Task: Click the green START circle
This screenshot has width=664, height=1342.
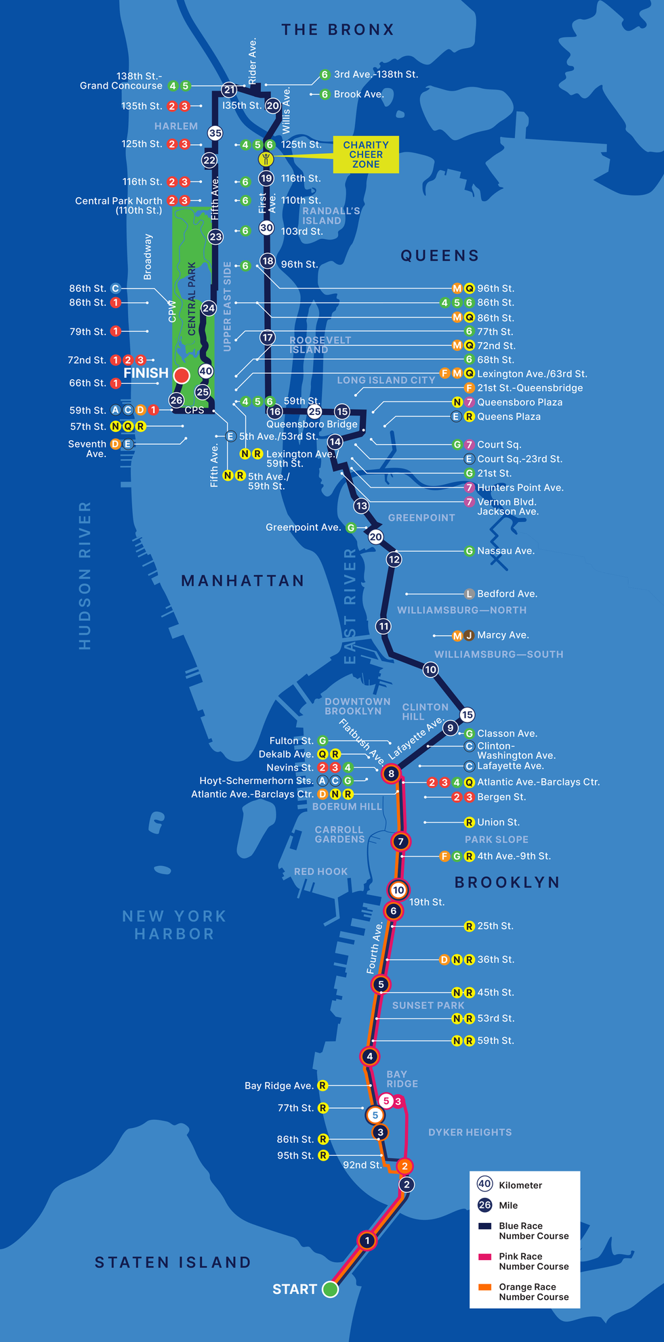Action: point(330,1289)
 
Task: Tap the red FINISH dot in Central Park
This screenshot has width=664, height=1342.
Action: point(182,375)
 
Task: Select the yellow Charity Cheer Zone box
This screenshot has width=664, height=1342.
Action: point(366,154)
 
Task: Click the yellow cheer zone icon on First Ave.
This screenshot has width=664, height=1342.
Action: point(266,160)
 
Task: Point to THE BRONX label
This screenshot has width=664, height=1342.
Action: point(337,30)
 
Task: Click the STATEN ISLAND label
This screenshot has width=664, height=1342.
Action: point(173,1262)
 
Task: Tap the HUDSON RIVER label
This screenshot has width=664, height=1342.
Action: point(85,576)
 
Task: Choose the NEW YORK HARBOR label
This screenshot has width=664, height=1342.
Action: point(174,925)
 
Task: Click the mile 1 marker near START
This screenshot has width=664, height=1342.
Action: point(367,1240)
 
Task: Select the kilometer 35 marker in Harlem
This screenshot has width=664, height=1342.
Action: point(215,133)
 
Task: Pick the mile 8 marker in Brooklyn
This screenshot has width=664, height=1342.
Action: point(391,773)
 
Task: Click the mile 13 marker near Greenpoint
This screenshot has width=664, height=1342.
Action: point(361,505)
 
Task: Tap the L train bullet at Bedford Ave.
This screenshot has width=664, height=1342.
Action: point(469,594)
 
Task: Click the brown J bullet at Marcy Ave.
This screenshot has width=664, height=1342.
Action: point(469,635)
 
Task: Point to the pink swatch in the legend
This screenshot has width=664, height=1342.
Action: point(484,1257)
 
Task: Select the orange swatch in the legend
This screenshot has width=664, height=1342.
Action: point(484,1287)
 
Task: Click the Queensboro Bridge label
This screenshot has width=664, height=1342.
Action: point(312,424)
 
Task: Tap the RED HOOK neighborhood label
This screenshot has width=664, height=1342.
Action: point(320,871)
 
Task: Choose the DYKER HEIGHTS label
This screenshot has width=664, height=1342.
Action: point(470,1132)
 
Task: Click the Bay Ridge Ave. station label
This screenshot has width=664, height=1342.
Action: point(278,1085)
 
